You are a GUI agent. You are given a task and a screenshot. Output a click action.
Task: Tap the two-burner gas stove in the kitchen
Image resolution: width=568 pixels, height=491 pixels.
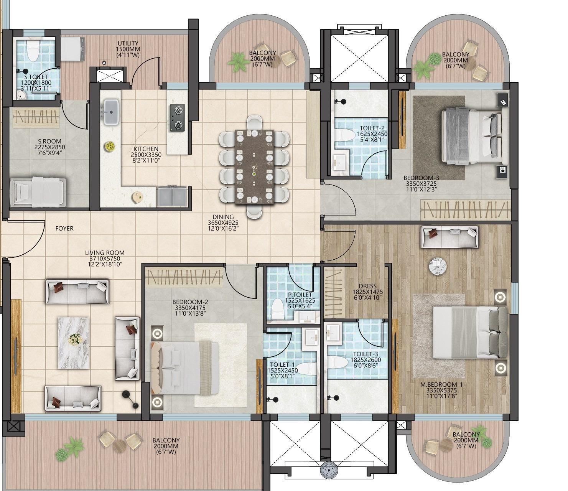coord(177,118)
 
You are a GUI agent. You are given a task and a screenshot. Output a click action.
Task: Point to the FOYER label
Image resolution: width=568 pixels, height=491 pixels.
coord(64,229)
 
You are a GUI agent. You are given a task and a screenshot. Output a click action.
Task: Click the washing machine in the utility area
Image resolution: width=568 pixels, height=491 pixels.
coord(73,49)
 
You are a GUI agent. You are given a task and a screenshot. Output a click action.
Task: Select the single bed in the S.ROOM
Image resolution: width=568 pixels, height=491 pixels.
coord(37,192)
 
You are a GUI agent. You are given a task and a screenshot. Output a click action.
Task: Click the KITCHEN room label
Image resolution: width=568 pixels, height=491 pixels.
coord(146,149)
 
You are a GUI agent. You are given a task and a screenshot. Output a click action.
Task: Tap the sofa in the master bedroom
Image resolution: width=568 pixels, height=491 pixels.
coord(450,237)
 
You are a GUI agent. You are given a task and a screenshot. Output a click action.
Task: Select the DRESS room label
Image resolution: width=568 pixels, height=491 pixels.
coord(367,286)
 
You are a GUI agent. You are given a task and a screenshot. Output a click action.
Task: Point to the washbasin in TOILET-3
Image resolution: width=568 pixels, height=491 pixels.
coord(333,331)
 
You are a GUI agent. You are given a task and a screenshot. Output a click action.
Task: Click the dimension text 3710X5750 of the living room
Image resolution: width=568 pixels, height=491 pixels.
coord(105,259)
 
